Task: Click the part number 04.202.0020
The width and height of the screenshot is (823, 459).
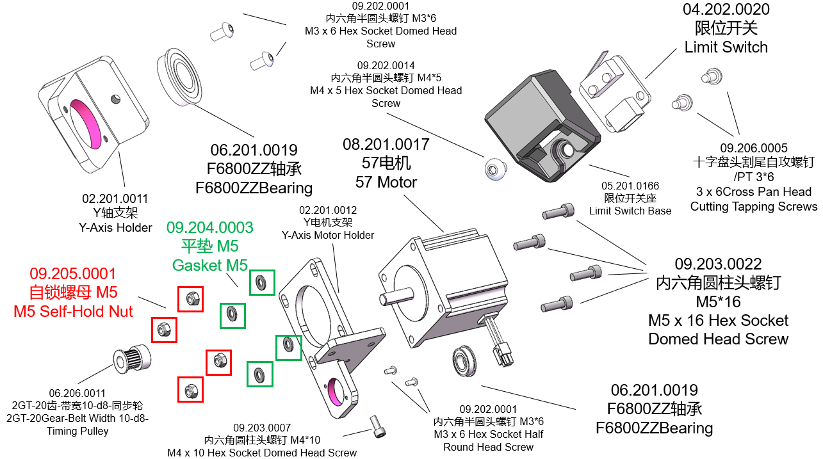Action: [x=726, y=10]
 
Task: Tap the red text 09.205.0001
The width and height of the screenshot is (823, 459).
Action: [x=73, y=274]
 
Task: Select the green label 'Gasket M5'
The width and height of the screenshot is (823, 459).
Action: [x=209, y=264]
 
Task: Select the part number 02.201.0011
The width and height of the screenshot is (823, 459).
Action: [x=115, y=198]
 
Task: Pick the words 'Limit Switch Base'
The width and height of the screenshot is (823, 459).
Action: [x=630, y=211]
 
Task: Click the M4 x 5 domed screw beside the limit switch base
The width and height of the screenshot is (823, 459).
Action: [x=493, y=170]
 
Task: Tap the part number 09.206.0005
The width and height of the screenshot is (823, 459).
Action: [x=753, y=148]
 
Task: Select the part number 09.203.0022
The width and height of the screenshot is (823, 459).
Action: [x=718, y=264]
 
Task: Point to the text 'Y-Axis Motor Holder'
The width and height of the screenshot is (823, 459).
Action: [x=328, y=235]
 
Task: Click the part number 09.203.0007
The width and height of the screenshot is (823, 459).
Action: [x=262, y=428]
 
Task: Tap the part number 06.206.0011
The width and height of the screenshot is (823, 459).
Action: [x=77, y=393]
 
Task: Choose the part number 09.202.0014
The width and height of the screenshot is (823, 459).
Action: [x=386, y=65]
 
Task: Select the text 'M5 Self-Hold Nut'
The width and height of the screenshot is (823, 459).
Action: [x=73, y=311]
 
